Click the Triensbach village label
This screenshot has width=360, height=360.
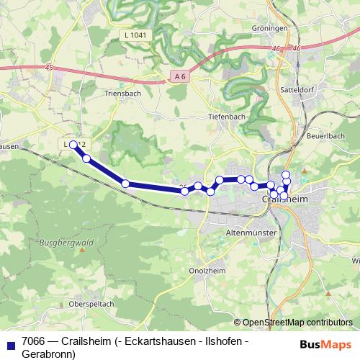tap(122, 93)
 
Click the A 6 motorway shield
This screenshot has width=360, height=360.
tap(180, 75)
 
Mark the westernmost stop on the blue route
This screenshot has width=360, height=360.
tap(73, 145)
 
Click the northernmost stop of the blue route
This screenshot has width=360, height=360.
tap(286, 174)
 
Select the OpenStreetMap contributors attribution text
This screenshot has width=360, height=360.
tap(297, 322)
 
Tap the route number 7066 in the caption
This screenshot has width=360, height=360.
tap(34, 340)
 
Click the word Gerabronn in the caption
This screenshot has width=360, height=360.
tap(46, 354)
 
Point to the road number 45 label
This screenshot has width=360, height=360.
tap(48, 67)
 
